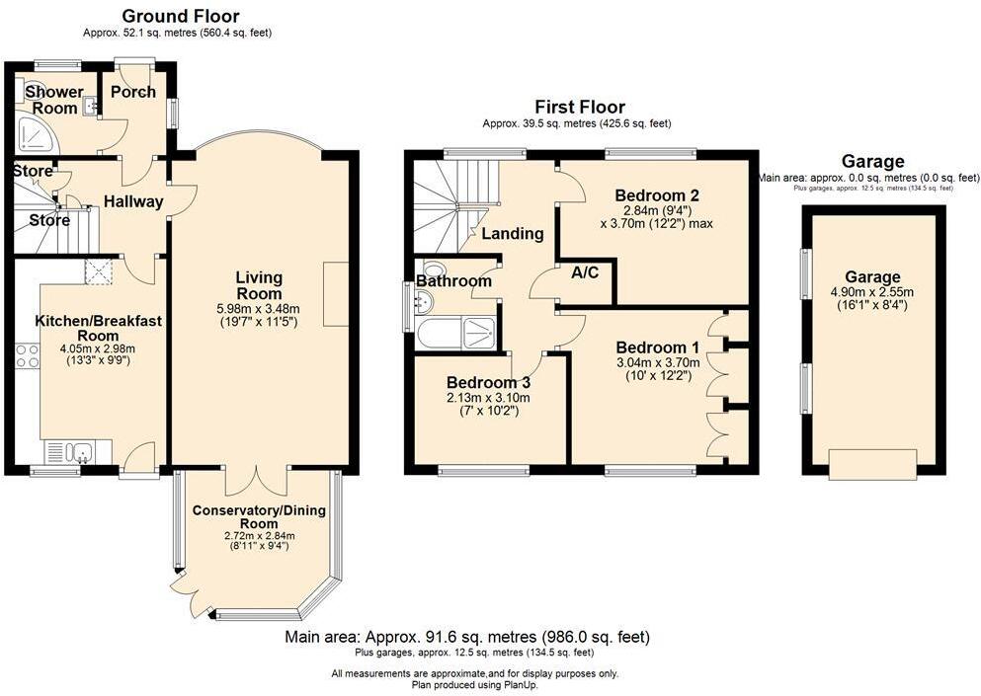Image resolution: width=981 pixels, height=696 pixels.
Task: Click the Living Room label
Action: click(259, 285)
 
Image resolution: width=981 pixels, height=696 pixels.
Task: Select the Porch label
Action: click(132, 92)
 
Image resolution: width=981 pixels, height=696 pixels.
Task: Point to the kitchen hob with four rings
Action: click(27, 355)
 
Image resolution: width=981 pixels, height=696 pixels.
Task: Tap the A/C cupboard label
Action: click(585, 272)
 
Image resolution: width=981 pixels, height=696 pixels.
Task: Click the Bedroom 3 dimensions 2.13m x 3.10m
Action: click(488, 398)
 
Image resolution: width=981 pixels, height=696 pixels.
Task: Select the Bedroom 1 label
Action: click(658, 348)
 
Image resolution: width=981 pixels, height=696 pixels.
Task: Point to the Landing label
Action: click(513, 234)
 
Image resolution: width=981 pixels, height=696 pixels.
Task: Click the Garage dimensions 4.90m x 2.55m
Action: click(872, 292)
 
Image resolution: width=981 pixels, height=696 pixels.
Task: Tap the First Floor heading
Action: click(580, 107)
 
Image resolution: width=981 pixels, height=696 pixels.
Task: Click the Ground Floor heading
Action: click(181, 16)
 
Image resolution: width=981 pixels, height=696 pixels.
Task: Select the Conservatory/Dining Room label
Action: click(259, 516)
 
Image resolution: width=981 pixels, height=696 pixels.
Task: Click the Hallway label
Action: click(133, 202)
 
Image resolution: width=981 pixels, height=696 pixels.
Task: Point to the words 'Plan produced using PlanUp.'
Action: click(475, 685)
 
